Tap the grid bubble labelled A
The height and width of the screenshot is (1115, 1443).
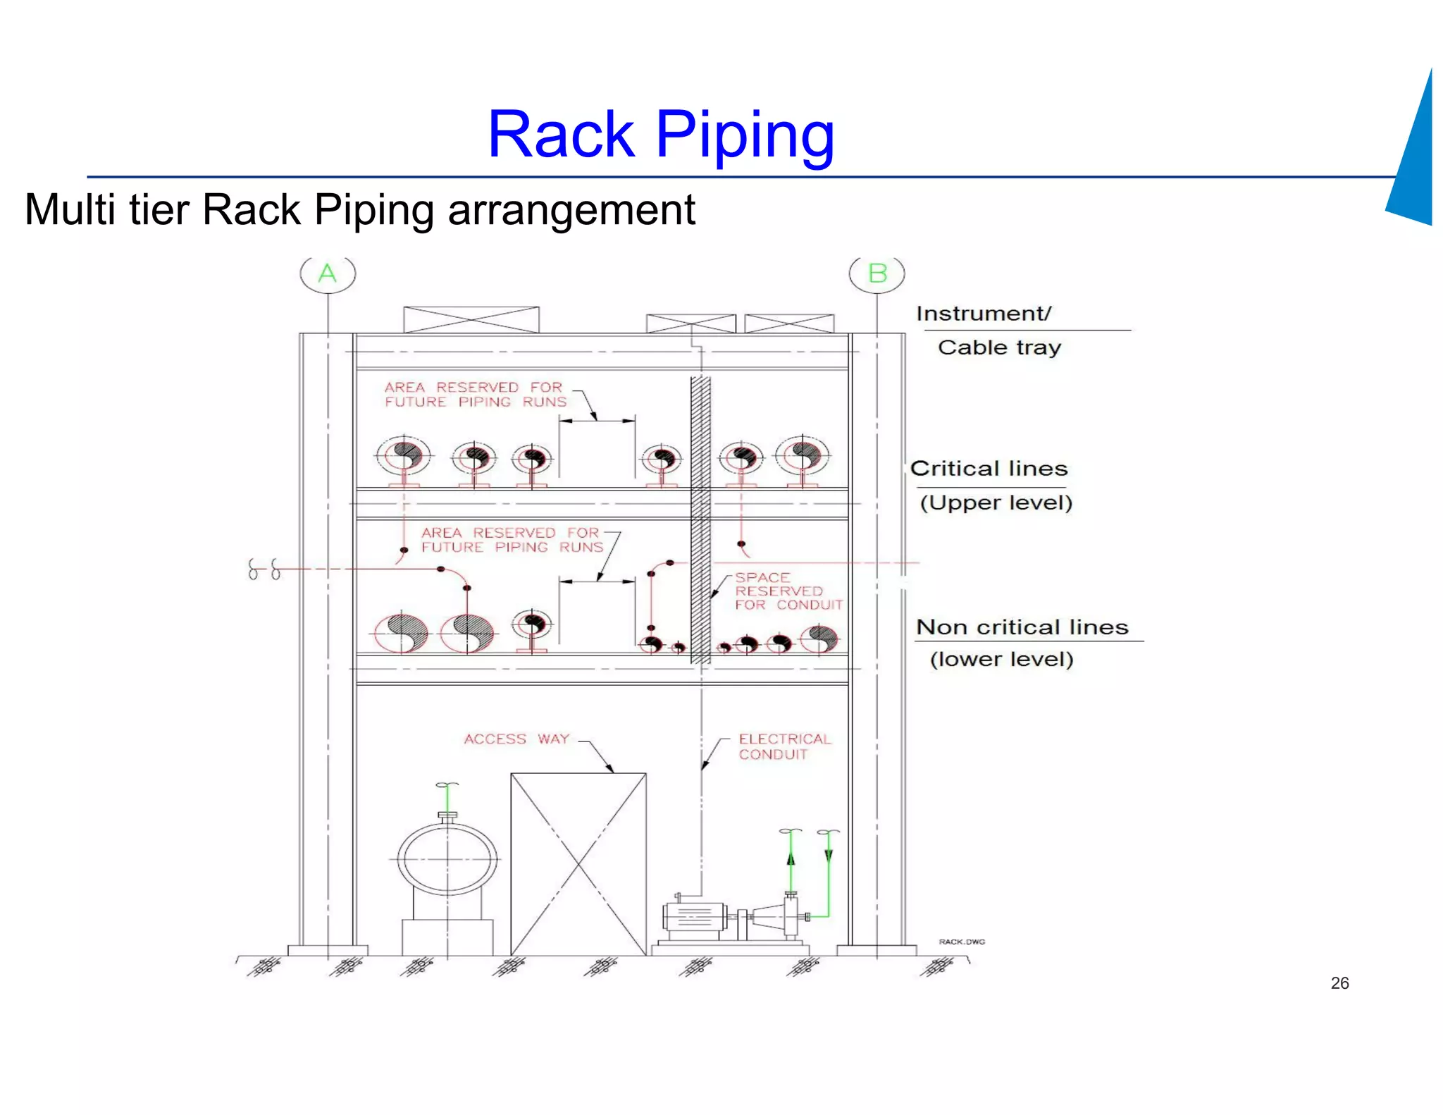pos(328,273)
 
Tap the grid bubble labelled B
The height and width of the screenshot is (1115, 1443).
pos(877,273)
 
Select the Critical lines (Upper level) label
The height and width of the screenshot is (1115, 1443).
pos(989,485)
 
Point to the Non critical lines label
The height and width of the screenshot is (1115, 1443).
pos(1022,627)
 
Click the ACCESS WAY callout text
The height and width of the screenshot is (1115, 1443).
pos(516,739)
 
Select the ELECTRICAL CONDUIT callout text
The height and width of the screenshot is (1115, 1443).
pos(784,746)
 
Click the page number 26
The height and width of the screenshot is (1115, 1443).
pos(1339,983)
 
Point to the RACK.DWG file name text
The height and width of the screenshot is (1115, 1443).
pos(962,942)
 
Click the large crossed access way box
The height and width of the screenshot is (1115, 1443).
pos(578,863)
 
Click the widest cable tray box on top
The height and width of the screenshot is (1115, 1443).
pos(471,319)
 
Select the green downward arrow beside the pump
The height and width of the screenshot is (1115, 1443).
pos(829,855)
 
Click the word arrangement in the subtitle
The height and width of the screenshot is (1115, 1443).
pos(571,210)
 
